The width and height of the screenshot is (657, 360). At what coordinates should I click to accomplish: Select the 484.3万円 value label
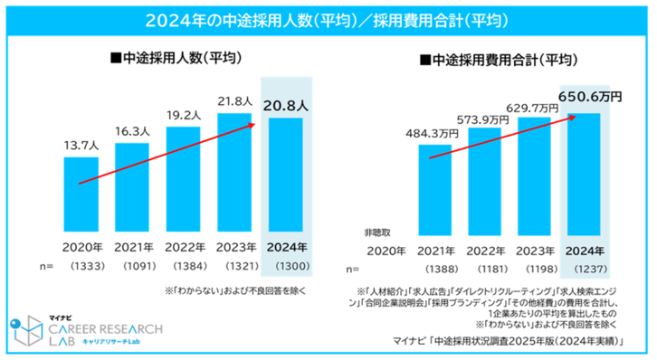click(433, 133)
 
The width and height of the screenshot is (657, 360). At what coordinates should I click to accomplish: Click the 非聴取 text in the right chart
click(377, 232)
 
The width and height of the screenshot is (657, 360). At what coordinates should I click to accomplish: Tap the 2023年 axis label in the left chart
click(236, 246)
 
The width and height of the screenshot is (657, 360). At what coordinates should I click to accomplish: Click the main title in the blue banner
click(328, 18)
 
